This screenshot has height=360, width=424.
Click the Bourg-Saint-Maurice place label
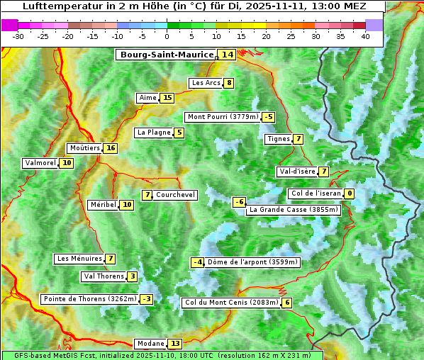[x=167, y=55]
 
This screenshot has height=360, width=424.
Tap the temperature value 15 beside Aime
[x=167, y=98]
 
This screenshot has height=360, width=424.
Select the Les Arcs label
[x=206, y=83]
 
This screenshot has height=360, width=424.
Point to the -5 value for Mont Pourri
[x=268, y=117]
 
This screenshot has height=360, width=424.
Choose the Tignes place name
[x=278, y=139]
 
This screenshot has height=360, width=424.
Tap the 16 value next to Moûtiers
[x=110, y=148]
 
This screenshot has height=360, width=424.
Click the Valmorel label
[x=40, y=163]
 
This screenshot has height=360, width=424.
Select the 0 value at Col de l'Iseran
[x=350, y=193]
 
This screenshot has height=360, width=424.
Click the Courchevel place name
[x=175, y=195]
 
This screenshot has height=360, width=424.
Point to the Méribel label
[x=103, y=205]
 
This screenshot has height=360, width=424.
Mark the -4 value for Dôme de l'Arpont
[x=198, y=262]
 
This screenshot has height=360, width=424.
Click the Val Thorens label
[x=104, y=276]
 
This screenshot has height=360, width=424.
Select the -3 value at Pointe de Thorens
[x=146, y=299]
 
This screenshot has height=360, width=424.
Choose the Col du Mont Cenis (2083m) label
[x=230, y=303]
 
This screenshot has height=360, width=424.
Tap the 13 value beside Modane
[x=175, y=344]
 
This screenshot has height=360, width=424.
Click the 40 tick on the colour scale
[x=365, y=36]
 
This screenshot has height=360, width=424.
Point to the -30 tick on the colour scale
[x=18, y=36]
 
